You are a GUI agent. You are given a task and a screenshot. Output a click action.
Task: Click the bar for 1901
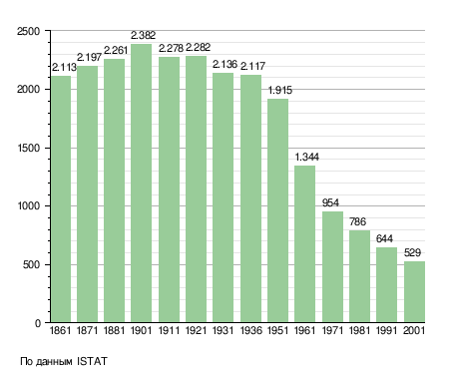(x=141, y=184)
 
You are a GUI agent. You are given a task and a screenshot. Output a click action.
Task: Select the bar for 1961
(x=304, y=244)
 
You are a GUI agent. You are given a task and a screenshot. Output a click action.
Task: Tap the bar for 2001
(x=414, y=292)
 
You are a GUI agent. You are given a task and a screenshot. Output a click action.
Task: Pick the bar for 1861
(x=61, y=199)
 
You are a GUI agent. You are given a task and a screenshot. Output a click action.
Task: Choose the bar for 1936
(x=250, y=198)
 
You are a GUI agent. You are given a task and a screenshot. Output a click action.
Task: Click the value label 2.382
(x=143, y=35)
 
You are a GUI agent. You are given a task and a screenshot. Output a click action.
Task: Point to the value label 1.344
(x=306, y=157)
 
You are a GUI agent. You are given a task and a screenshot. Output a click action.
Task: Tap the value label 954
(x=330, y=202)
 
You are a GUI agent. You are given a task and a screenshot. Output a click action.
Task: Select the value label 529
(x=412, y=252)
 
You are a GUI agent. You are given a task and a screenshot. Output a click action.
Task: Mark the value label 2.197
(x=89, y=57)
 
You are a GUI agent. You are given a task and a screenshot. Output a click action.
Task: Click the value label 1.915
(x=280, y=90)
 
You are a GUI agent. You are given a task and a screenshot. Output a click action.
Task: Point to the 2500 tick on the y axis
(x=29, y=31)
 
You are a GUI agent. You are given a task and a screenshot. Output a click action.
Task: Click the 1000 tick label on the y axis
(x=29, y=205)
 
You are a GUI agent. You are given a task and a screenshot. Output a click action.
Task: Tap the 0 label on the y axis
(x=38, y=323)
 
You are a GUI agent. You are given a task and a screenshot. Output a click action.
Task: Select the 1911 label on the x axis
(x=169, y=330)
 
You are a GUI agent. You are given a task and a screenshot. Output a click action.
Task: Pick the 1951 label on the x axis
(x=277, y=330)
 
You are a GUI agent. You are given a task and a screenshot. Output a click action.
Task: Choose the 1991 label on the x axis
(x=386, y=330)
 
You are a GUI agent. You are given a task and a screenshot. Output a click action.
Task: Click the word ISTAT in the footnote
(x=92, y=361)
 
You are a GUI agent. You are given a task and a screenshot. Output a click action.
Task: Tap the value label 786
(x=357, y=221)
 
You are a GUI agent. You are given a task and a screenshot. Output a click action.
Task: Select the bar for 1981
(x=359, y=276)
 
